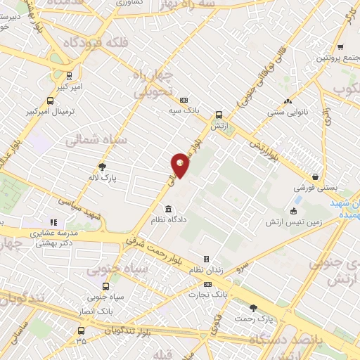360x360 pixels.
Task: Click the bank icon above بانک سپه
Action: (184, 99)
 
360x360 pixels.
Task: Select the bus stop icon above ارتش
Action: (219, 115)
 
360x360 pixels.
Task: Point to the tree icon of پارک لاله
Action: (103, 167)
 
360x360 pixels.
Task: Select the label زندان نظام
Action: (206, 271)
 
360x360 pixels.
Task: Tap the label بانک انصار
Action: (94, 310)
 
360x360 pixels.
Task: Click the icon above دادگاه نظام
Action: (168, 209)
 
